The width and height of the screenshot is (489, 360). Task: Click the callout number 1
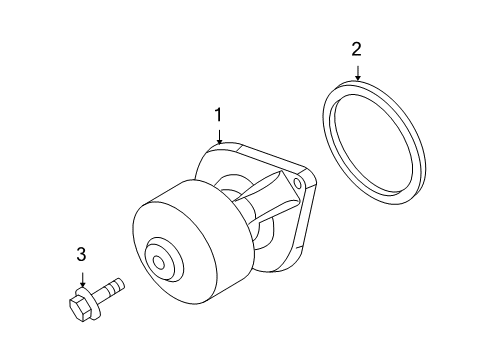[217, 117]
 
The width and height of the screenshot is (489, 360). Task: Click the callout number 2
[356, 47]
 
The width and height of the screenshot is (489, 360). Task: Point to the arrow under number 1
[218, 136]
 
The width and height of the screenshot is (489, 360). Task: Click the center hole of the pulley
[159, 264]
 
